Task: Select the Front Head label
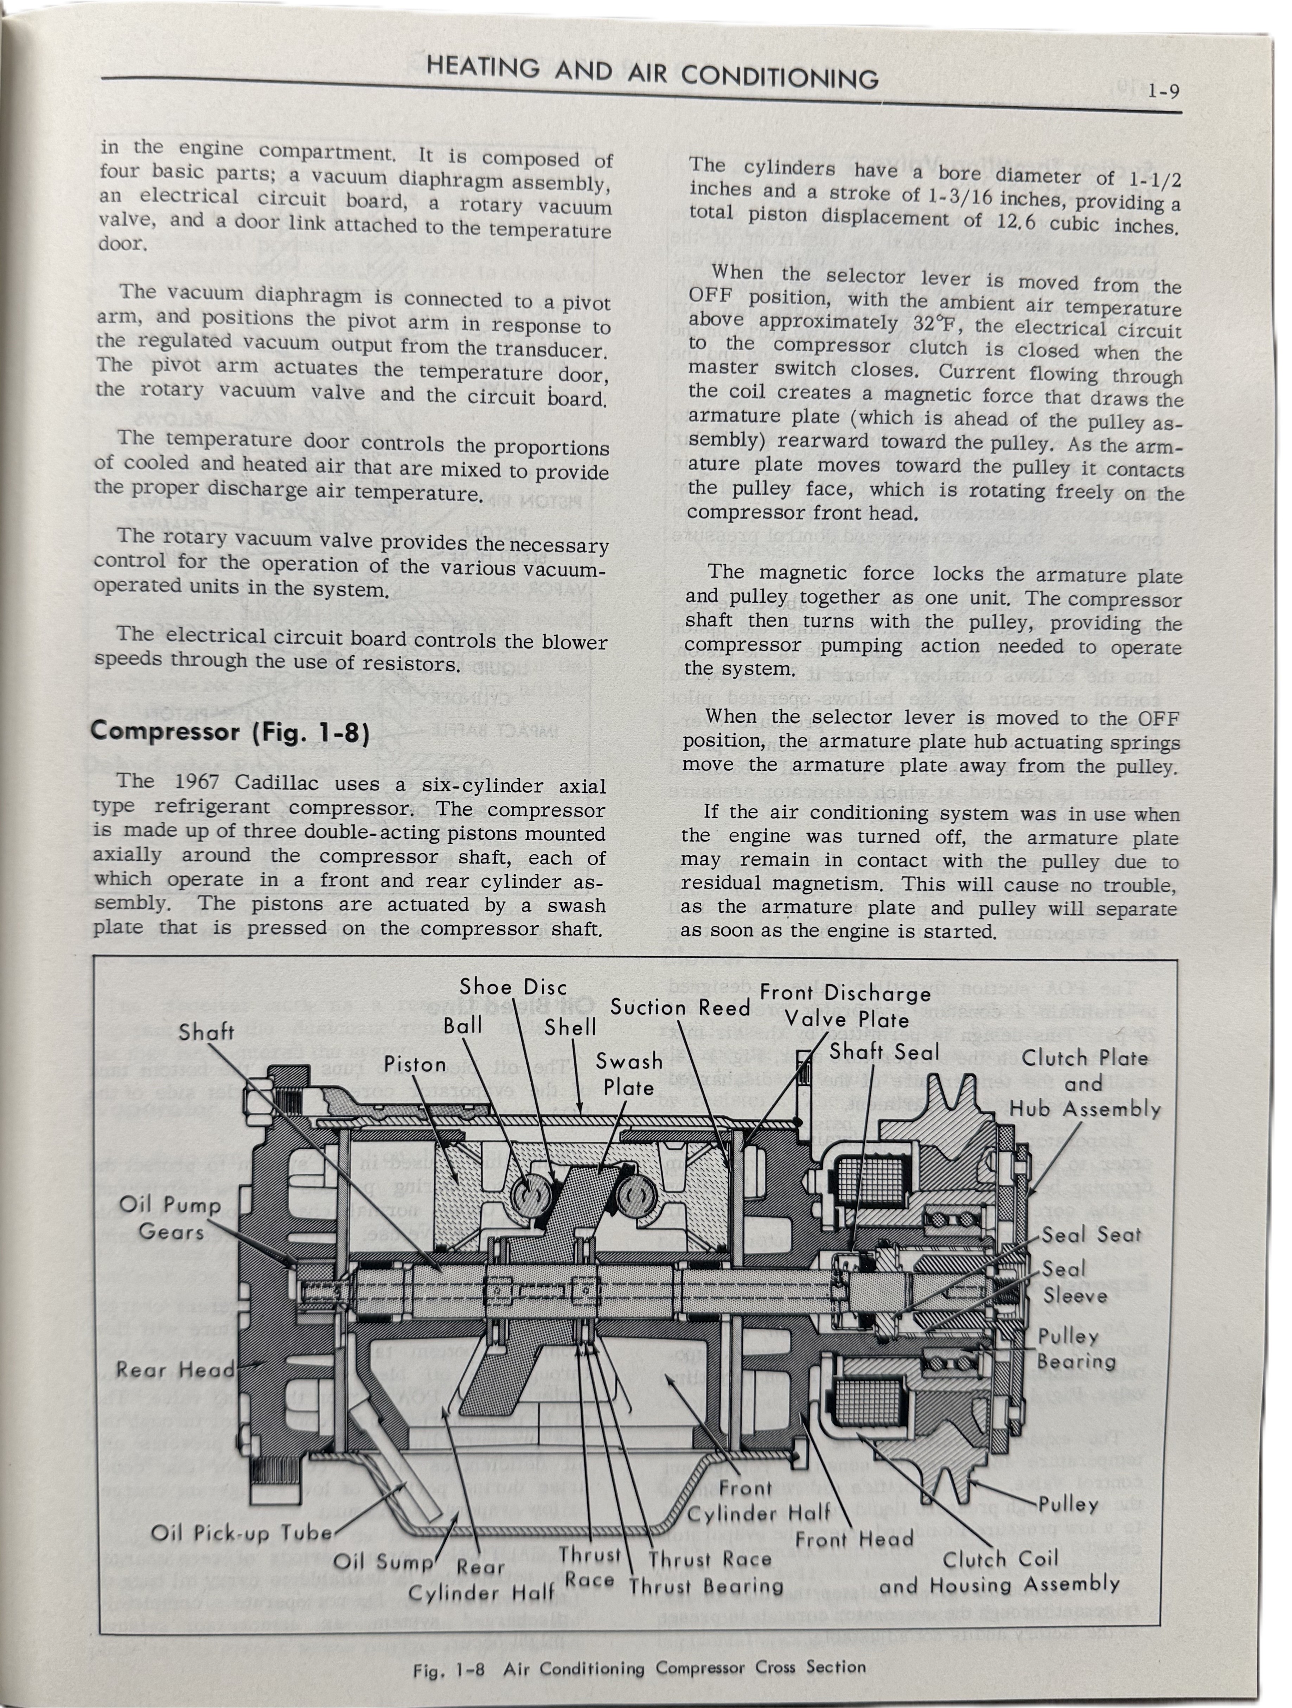coord(854,1539)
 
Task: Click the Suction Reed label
coord(680,1007)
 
